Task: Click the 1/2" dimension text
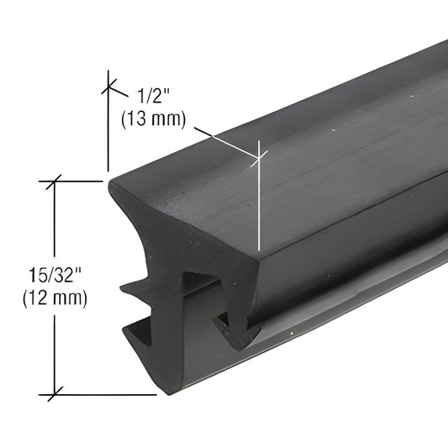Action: coord(151,95)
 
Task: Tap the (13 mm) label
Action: coord(152,119)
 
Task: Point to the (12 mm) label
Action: coord(56,296)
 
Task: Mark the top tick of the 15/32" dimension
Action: coord(55,180)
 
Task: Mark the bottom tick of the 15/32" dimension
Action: coord(55,393)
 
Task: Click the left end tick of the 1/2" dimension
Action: coord(107,84)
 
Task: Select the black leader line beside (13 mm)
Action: coord(223,140)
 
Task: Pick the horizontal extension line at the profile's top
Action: coord(80,180)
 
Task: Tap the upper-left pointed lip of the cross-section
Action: coord(118,187)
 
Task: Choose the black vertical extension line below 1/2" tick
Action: coord(107,134)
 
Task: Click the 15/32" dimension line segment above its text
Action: coord(55,219)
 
